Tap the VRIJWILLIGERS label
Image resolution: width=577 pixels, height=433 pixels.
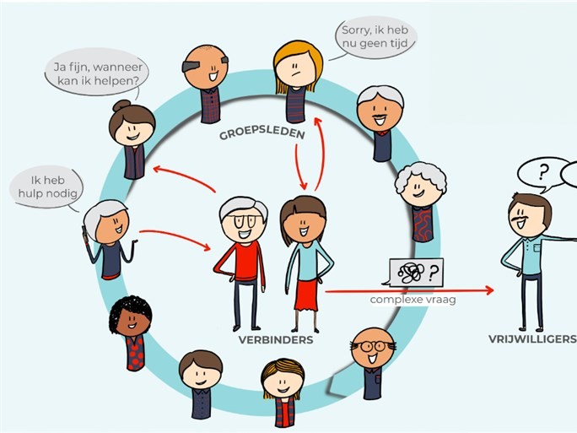tap(532, 339)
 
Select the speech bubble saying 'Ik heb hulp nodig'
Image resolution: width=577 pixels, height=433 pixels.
tap(46, 187)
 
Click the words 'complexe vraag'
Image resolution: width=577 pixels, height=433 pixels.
tap(413, 299)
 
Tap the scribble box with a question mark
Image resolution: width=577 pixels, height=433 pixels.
tap(415, 273)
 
